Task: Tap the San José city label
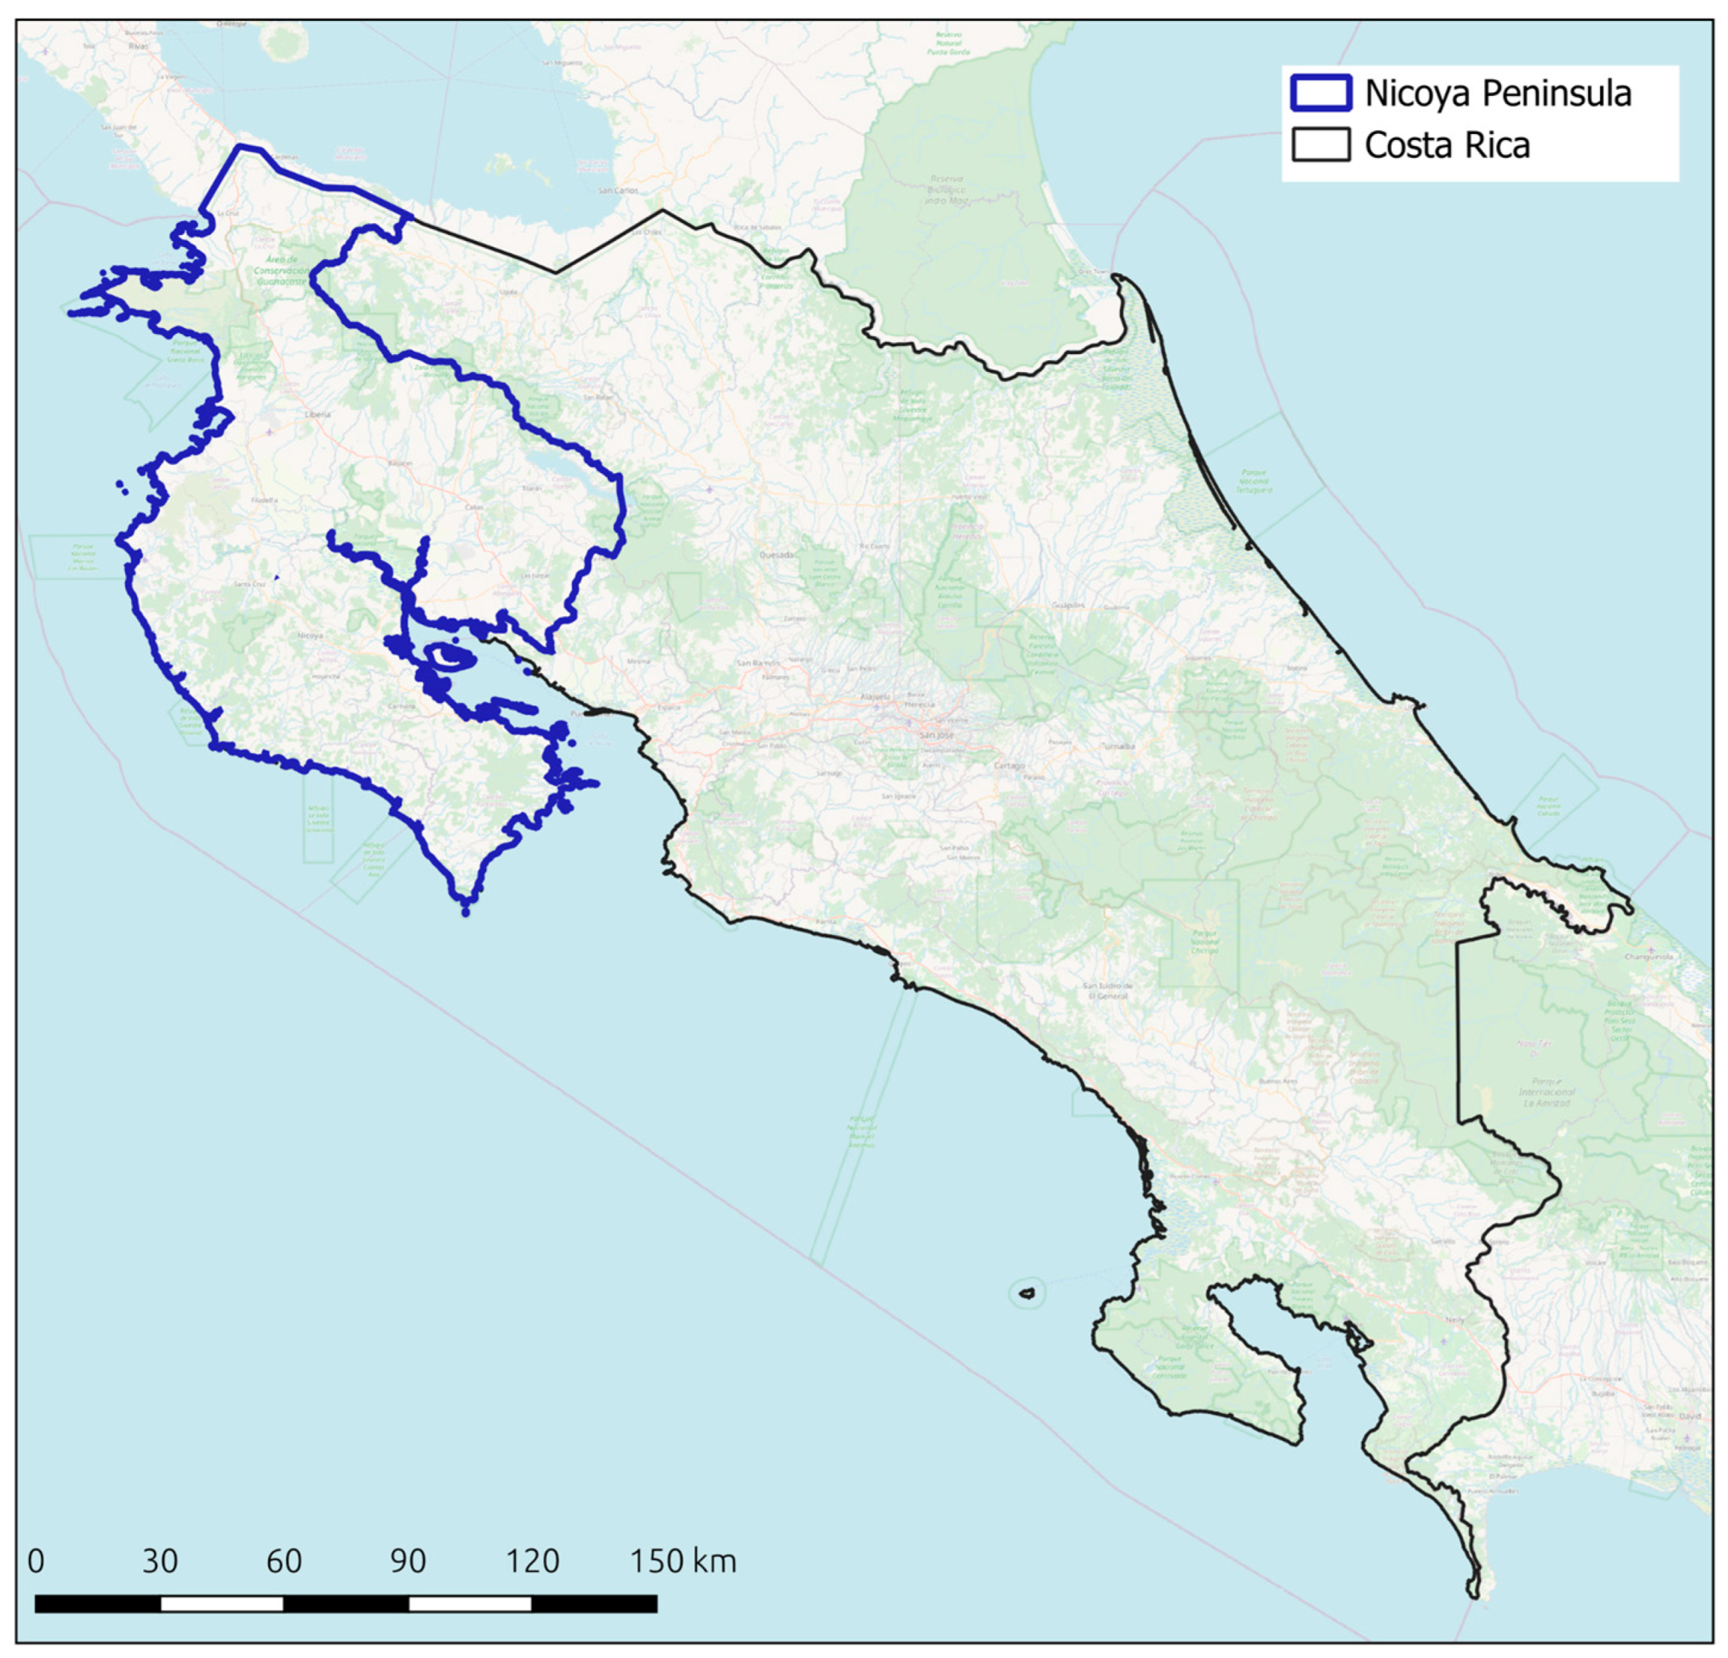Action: pos(936,734)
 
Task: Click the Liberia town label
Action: pos(317,414)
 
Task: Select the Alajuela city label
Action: pos(875,696)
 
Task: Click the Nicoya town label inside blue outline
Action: pos(310,634)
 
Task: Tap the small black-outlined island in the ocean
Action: pos(1025,1293)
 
